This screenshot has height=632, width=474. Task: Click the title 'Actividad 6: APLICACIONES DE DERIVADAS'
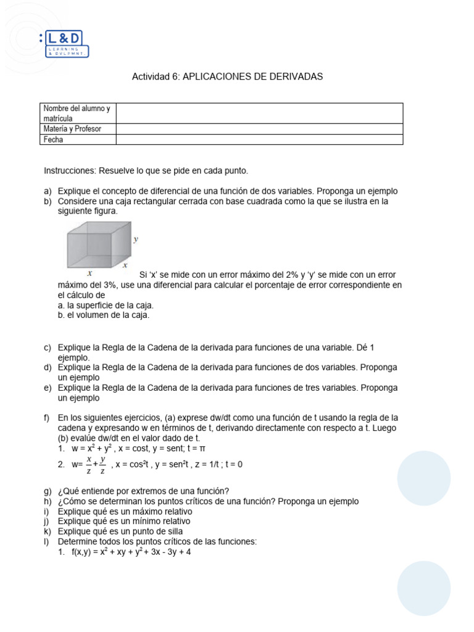(227, 77)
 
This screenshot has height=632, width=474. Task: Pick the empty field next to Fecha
(259, 139)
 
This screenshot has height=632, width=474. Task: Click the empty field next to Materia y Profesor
(259, 129)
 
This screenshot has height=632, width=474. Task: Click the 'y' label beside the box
(136, 239)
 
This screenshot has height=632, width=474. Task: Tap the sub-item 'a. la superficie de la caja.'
(106, 306)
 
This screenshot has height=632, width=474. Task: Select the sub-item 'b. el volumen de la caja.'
(104, 315)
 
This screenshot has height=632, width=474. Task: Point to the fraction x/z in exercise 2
(89, 465)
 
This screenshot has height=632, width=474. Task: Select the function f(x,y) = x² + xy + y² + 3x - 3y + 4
(130, 552)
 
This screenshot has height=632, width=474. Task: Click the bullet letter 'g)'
(48, 491)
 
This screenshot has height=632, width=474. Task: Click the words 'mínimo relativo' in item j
(160, 522)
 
